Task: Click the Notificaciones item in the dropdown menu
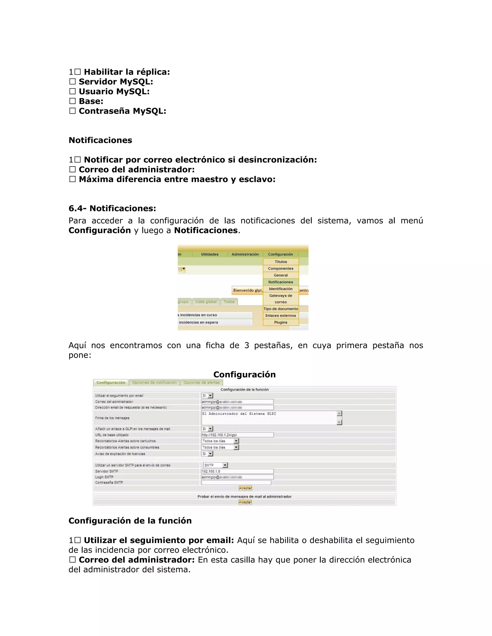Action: [280, 282]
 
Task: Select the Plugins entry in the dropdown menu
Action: [280, 322]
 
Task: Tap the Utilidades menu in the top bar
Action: [209, 254]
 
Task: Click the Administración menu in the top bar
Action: [245, 254]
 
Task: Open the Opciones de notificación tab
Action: [154, 383]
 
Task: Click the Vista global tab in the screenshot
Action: [206, 302]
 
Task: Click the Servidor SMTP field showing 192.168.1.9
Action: [237, 471]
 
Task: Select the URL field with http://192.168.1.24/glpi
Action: [237, 435]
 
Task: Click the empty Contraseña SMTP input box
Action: [236, 483]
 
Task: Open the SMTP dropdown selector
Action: [216, 465]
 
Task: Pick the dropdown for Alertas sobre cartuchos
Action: [220, 441]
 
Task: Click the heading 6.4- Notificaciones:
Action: [112, 209]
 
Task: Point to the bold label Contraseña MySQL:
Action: [123, 111]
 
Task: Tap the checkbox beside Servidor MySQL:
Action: [72, 82]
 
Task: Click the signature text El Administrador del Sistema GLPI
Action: [239, 414]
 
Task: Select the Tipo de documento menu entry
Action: [281, 309]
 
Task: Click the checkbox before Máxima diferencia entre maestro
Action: [72, 179]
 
